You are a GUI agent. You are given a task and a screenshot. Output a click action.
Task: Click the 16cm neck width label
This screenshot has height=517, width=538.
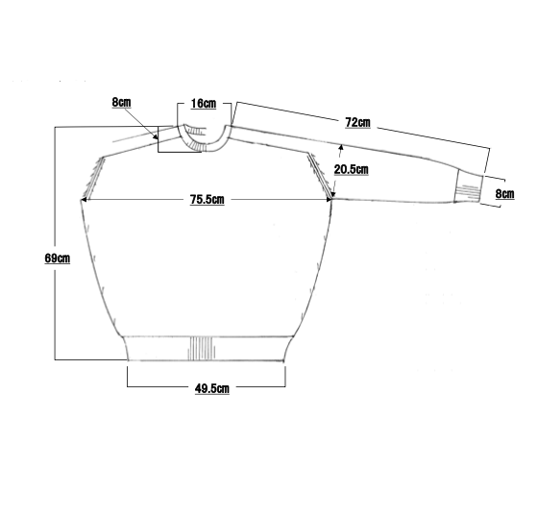point(204,104)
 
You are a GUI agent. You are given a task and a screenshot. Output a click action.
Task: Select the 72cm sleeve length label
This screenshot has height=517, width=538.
point(357,123)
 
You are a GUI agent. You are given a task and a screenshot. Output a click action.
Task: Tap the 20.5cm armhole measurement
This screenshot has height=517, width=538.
point(352,169)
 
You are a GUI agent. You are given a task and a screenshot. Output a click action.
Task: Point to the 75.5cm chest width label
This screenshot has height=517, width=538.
point(207,200)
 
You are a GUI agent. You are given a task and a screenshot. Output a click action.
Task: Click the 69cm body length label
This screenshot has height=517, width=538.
point(58,258)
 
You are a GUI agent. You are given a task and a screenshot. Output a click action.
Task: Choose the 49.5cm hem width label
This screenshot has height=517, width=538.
point(212,388)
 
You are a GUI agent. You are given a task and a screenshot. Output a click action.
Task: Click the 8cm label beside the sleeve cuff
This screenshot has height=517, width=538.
point(505,194)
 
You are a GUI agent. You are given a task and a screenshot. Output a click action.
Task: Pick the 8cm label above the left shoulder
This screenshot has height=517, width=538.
point(121,102)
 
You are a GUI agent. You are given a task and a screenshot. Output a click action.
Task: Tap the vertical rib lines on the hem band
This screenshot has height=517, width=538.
point(202,349)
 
